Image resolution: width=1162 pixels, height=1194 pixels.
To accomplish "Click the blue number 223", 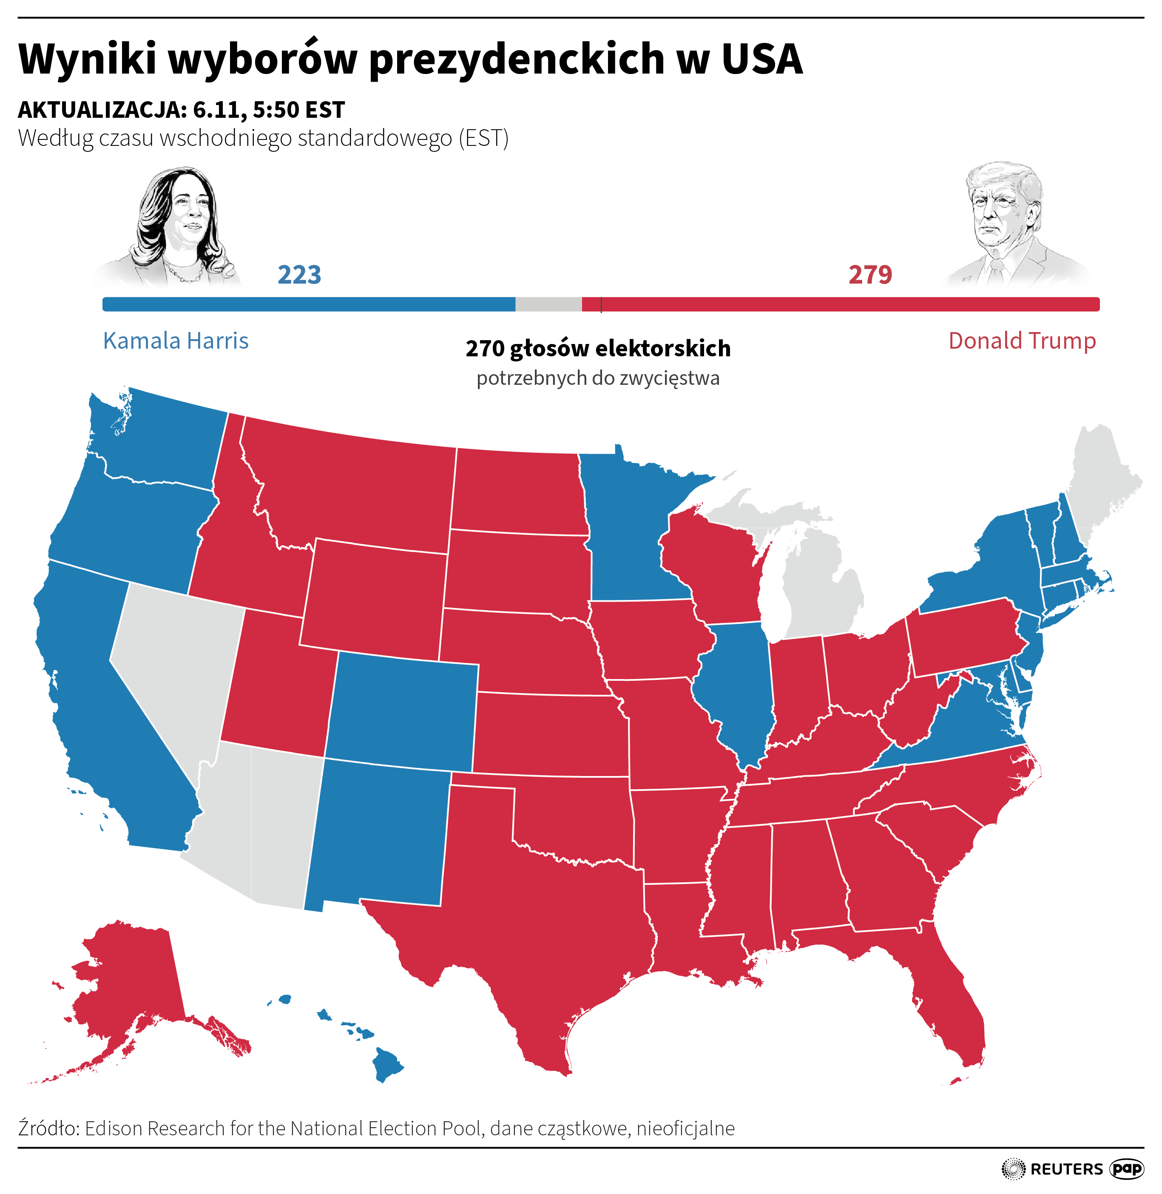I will coord(299,275).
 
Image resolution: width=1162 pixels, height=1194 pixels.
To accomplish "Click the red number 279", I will coord(869,275).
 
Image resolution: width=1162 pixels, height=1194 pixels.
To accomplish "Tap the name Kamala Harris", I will coord(176,341).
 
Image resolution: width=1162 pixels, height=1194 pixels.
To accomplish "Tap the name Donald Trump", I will coord(1022,341).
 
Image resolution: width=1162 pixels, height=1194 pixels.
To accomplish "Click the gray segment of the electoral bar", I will coord(548,304).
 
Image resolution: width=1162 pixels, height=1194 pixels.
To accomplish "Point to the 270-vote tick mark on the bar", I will coord(601,304).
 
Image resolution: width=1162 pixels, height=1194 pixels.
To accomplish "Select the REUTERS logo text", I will coord(1066,1169).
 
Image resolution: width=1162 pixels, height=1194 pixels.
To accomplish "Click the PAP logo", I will coord(1126,1168).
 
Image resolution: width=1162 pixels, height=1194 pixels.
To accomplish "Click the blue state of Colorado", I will coord(403,708).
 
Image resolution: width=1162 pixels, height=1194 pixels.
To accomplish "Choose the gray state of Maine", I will coord(1105,482).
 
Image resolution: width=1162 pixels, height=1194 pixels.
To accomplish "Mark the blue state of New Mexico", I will coord(378,836).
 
